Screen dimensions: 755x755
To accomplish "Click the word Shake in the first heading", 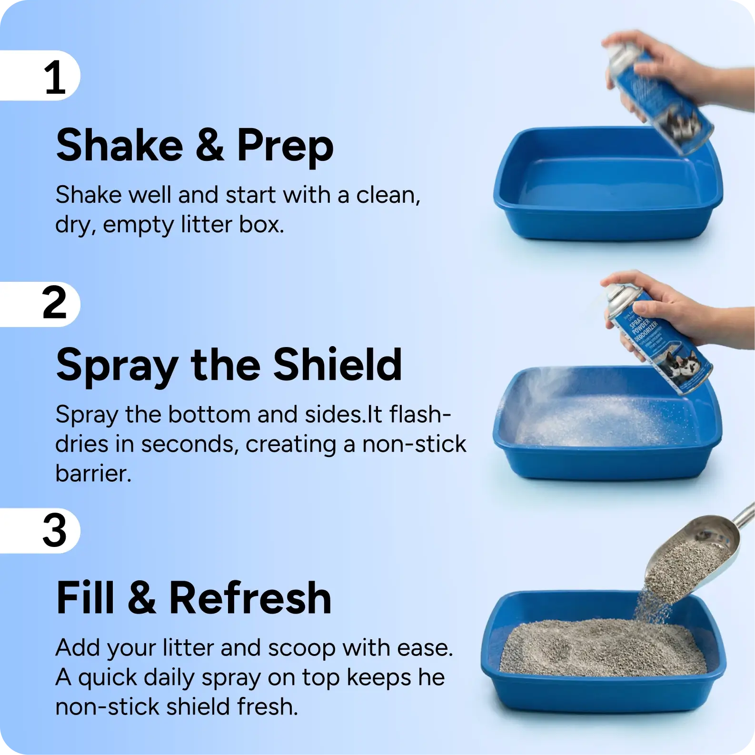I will tap(119, 145).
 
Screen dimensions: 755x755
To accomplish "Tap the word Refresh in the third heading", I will tap(250, 598).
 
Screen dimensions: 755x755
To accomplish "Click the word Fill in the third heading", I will tap(85, 598).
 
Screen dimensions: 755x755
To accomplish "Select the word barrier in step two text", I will tap(93, 474).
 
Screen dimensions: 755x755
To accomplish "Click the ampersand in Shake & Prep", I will tap(209, 145).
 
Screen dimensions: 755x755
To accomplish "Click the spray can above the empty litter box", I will tap(659, 95).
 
